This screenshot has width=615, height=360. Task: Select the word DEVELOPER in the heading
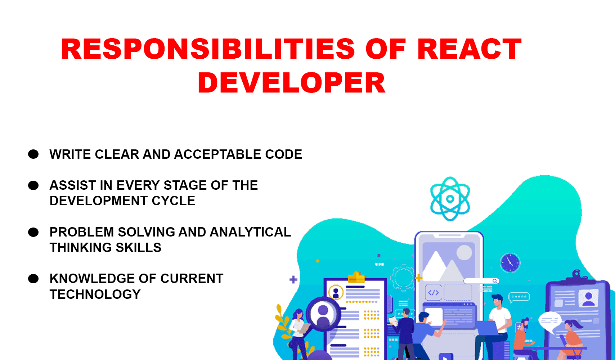(291, 83)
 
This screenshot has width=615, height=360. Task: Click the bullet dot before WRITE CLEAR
(33, 154)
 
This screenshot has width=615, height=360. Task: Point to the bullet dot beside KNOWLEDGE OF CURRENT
(33, 279)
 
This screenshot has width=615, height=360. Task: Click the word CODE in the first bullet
(283, 154)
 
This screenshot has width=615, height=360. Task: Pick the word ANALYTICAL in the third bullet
(250, 232)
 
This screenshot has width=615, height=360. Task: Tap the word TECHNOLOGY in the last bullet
(95, 294)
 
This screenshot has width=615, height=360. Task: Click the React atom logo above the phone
(450, 199)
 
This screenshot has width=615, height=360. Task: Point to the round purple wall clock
(510, 262)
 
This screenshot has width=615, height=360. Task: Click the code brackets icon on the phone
(434, 292)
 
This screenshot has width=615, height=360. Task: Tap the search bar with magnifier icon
(481, 281)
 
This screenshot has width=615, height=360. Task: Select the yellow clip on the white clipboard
(356, 277)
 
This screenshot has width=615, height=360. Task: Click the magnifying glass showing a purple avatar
(323, 313)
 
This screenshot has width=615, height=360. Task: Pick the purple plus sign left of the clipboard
(293, 279)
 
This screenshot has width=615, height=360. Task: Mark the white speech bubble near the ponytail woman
(550, 320)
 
